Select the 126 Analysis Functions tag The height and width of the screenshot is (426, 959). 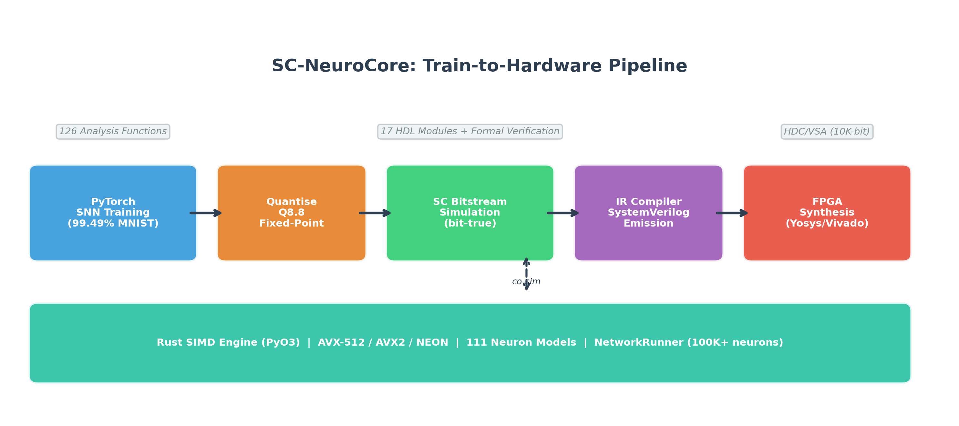pos(113,132)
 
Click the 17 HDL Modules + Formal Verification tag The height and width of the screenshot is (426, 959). pos(470,132)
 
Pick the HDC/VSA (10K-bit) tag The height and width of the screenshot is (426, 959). pos(827,132)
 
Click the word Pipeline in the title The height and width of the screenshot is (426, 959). pos(647,66)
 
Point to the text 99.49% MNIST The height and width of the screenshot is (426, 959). pos(113,224)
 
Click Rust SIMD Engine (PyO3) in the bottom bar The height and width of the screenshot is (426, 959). pos(228,343)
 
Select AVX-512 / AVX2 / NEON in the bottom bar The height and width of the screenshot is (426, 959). pos(383,343)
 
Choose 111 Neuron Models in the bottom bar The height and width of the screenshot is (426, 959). pos(521,343)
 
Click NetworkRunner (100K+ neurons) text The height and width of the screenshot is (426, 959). pos(689,343)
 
